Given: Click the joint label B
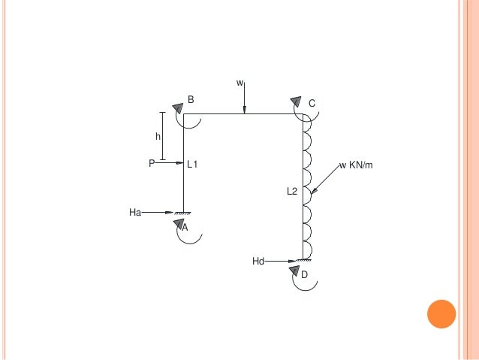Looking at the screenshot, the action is pyautogui.click(x=191, y=99).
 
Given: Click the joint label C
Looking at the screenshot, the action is pyautogui.click(x=312, y=104).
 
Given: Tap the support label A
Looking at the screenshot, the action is pyautogui.click(x=185, y=227).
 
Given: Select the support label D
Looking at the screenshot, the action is pyautogui.click(x=304, y=274).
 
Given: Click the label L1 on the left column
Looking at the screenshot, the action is pyautogui.click(x=192, y=165).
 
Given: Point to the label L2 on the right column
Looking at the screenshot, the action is pyautogui.click(x=292, y=191).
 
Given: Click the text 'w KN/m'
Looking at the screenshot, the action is pyautogui.click(x=356, y=165).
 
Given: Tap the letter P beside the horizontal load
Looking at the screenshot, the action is pyautogui.click(x=152, y=163).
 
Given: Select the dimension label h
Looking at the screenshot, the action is pyautogui.click(x=158, y=137).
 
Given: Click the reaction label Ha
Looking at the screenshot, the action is pyautogui.click(x=135, y=212).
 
